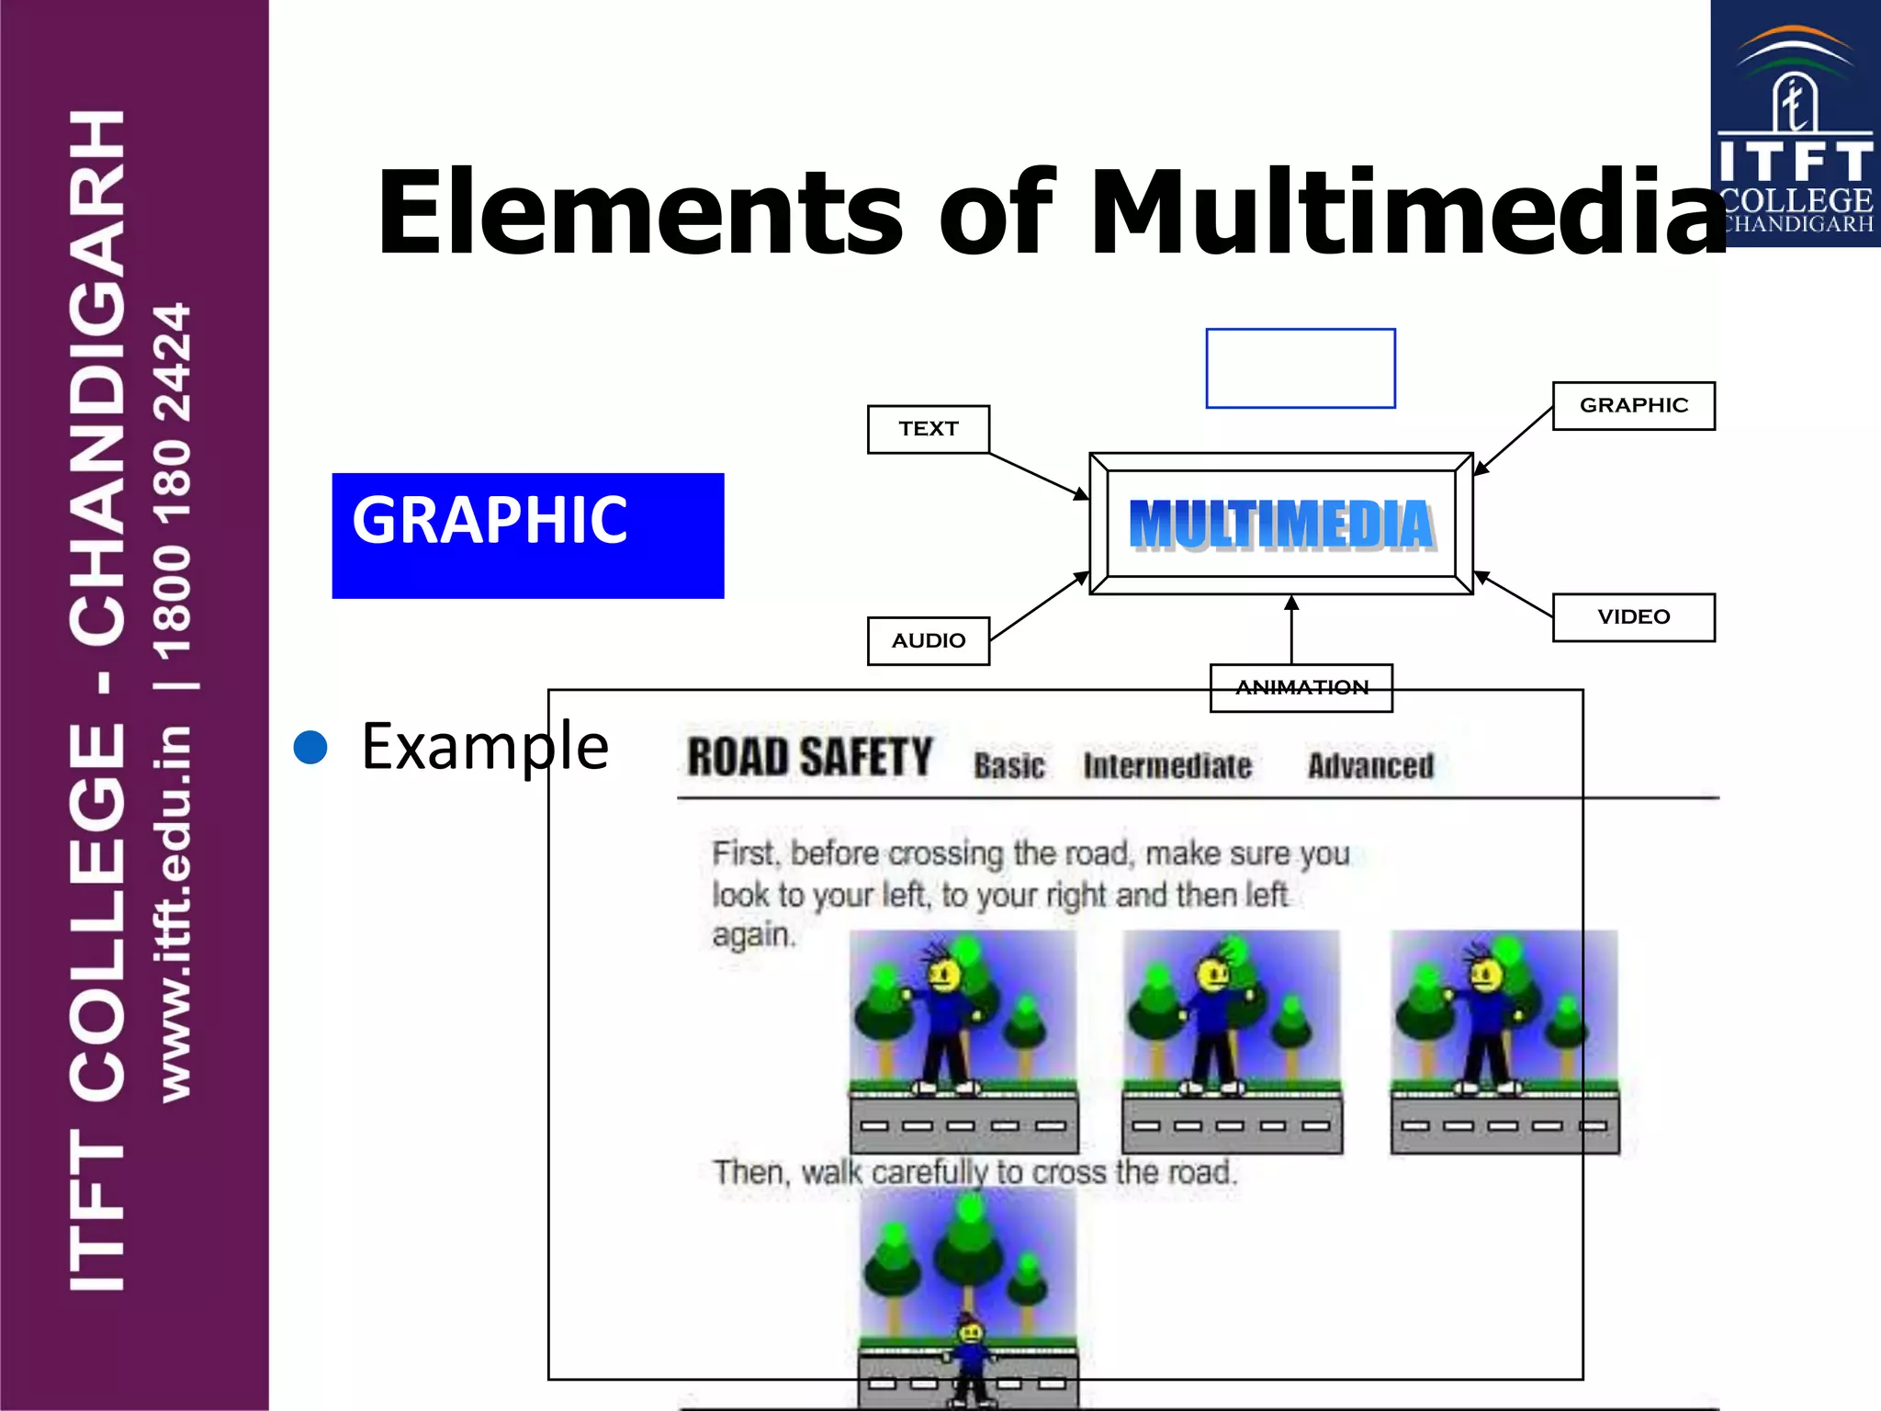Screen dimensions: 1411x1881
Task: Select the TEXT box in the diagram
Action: coord(928,429)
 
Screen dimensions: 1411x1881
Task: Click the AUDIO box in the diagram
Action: coord(928,640)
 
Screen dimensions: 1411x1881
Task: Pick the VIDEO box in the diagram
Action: coord(1633,616)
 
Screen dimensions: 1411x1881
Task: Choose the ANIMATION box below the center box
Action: coord(1301,687)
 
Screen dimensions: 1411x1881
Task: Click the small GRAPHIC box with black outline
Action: coord(1633,405)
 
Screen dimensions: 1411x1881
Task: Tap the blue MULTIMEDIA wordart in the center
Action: coord(1281,525)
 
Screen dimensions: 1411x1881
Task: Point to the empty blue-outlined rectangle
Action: coord(1300,367)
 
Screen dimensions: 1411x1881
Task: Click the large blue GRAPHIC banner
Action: coord(527,535)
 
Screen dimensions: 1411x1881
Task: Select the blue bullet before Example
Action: coord(310,747)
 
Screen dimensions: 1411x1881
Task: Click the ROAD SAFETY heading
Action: coord(809,758)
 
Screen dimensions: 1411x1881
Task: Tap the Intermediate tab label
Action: coord(1166,765)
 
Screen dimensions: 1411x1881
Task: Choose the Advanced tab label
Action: coord(1369,765)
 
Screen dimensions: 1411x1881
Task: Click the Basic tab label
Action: coord(1008,765)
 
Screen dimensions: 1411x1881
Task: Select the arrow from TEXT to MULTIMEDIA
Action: coord(1038,475)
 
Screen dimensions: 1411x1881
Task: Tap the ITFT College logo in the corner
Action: coord(1795,124)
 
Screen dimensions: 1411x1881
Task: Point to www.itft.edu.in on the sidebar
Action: coord(175,914)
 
